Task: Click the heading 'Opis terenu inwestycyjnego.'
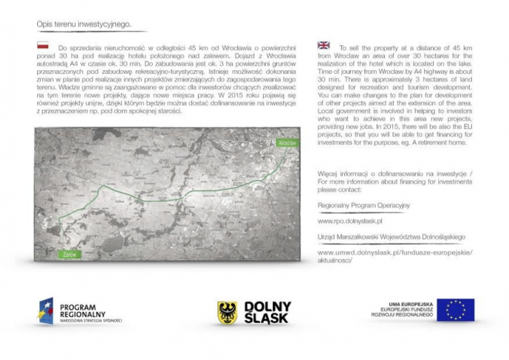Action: point(84,24)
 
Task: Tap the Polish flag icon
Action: point(43,45)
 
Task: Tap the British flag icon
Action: point(324,45)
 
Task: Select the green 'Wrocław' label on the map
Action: point(286,143)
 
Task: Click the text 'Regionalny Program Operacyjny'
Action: point(363,205)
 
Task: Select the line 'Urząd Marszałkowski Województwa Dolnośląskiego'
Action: point(391,236)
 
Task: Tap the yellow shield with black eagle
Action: point(227,311)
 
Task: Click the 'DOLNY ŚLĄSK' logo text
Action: point(267,311)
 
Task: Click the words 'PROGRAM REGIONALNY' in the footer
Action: point(84,310)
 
